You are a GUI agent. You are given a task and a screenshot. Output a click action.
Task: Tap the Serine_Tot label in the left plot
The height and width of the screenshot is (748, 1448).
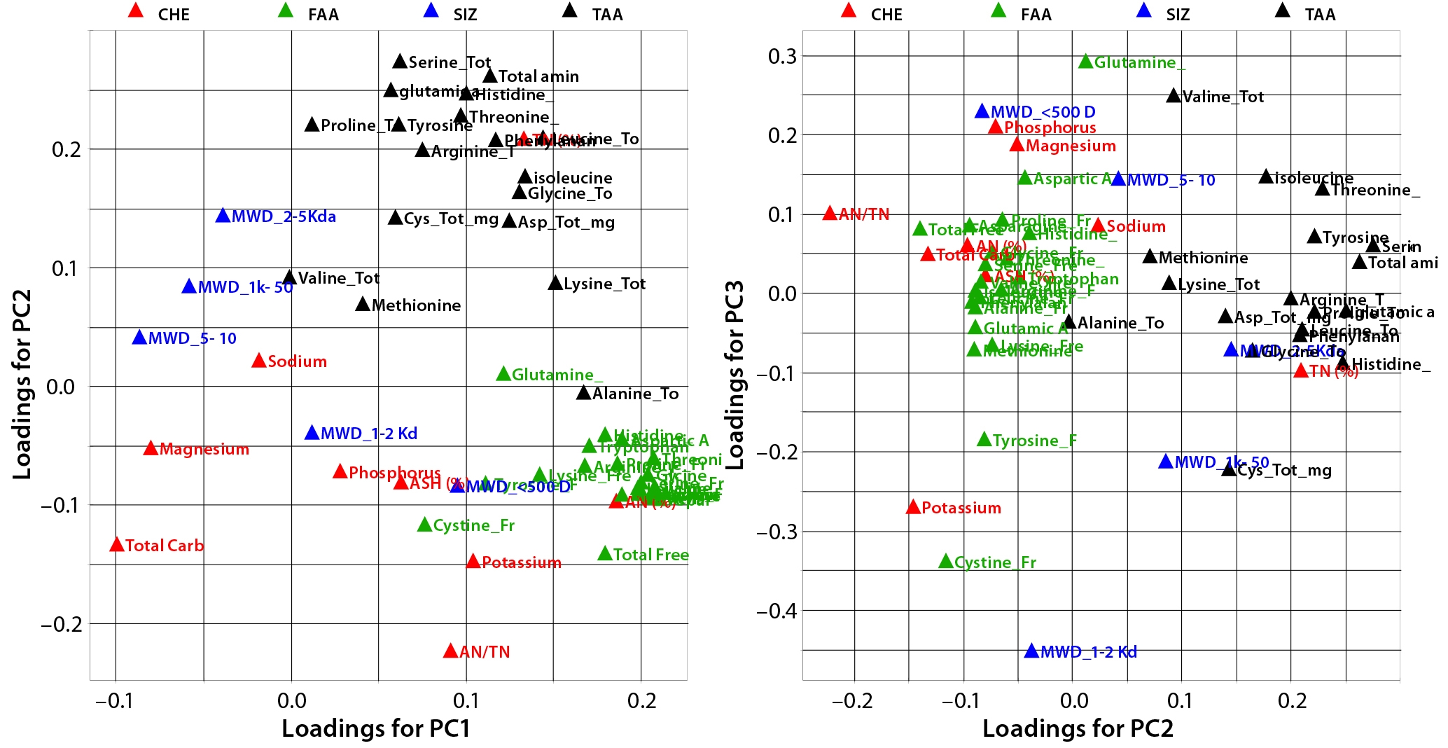click(450, 62)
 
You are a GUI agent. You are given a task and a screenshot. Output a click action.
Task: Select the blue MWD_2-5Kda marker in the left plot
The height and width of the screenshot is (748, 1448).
click(223, 216)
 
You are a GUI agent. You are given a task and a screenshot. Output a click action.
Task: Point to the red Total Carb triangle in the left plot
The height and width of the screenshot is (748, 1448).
click(117, 545)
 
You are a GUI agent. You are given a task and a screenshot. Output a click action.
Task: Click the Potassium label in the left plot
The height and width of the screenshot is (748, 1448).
click(522, 562)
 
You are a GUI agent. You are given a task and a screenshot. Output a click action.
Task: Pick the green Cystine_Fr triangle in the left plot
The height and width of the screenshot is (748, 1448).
click(424, 525)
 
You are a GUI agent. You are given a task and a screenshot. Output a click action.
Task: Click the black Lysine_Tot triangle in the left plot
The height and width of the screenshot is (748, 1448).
click(555, 283)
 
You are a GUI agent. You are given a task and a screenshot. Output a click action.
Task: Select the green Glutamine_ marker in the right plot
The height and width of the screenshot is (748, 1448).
click(1085, 62)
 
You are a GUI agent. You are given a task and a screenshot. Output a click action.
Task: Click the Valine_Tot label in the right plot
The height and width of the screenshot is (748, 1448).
click(1223, 97)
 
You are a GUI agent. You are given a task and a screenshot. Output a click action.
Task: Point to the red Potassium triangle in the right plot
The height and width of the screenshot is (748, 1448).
click(913, 507)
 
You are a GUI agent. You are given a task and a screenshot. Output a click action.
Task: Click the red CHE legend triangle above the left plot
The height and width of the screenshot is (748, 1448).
click(137, 11)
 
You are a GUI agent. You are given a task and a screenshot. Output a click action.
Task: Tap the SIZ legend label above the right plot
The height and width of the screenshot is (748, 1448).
click(1178, 15)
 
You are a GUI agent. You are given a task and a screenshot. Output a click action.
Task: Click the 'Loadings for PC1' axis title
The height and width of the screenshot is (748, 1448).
click(376, 728)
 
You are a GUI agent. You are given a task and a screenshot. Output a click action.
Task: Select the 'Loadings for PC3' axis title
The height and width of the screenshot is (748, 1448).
click(735, 375)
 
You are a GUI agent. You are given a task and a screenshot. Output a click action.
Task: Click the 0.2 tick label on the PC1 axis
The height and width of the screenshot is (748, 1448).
click(641, 700)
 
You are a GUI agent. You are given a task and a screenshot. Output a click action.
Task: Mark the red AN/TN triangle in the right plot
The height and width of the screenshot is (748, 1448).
click(830, 213)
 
